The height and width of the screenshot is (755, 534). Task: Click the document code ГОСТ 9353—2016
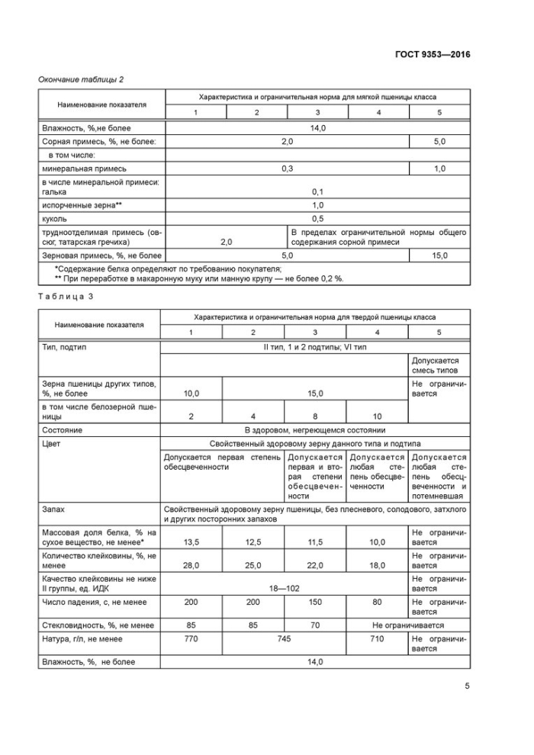pyautogui.click(x=433, y=53)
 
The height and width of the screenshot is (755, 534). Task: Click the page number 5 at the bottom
pyautogui.click(x=467, y=685)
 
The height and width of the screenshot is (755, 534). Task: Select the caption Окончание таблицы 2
pyautogui.click(x=81, y=79)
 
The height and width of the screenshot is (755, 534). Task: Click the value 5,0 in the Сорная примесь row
pyautogui.click(x=439, y=142)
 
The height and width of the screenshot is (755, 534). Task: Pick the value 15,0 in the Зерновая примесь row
pyautogui.click(x=439, y=255)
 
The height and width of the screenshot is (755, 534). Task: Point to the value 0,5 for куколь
pyautogui.click(x=317, y=218)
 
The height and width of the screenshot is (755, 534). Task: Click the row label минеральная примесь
pyautogui.click(x=85, y=168)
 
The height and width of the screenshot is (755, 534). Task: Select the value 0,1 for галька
pyautogui.click(x=317, y=192)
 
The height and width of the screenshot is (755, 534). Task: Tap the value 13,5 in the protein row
pyautogui.click(x=191, y=541)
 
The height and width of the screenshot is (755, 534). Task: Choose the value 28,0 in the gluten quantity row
pyautogui.click(x=191, y=565)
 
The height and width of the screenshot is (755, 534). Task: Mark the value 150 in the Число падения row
pyautogui.click(x=315, y=602)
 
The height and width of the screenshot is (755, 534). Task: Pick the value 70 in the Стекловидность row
pyautogui.click(x=315, y=625)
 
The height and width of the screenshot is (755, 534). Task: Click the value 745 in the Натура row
pyautogui.click(x=285, y=638)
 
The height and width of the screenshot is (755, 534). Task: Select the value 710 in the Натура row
pyautogui.click(x=377, y=638)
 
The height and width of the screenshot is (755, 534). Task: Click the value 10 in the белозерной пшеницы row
pyautogui.click(x=377, y=417)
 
